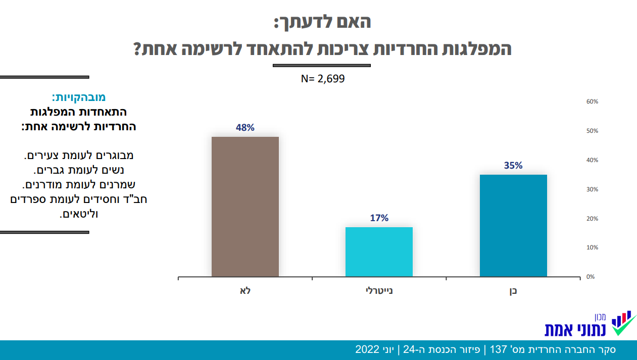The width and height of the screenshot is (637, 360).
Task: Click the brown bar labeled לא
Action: pos(245,207)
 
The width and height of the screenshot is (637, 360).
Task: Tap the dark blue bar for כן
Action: pos(513,225)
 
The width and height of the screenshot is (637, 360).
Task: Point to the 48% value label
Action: pos(245,128)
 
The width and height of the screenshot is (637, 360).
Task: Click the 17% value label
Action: pos(379,218)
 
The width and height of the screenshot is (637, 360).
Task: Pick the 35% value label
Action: pos(513,166)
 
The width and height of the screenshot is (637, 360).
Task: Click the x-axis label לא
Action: pos(246,291)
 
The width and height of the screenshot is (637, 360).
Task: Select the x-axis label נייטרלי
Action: pos(379,291)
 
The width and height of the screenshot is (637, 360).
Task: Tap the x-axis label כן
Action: pos(513,291)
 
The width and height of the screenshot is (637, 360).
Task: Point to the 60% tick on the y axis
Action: pos(592,101)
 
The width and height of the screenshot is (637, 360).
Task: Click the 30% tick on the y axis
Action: pos(592,189)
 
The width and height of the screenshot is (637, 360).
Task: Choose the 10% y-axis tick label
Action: pos(592,247)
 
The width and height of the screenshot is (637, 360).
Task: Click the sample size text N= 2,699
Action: pos(323,79)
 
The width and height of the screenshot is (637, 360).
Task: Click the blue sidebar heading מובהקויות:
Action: pos(78,97)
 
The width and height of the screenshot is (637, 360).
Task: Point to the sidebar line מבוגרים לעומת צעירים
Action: pos(78,156)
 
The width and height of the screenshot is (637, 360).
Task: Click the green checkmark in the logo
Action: pos(624,327)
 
